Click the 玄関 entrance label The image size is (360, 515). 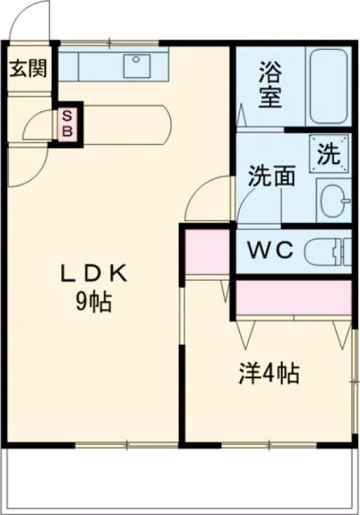27,68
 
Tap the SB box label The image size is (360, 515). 67,123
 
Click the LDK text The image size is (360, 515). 94,275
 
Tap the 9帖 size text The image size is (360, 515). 93,303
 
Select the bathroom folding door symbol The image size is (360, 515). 242,113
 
